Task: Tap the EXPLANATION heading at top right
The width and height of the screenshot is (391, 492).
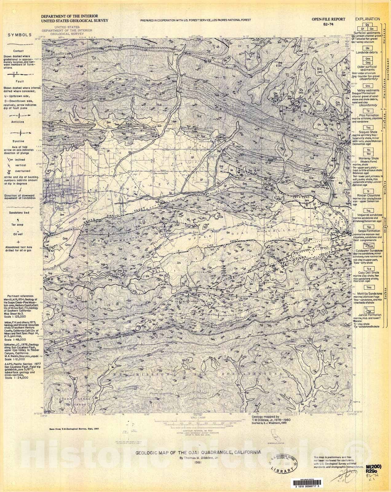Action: [368, 19]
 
